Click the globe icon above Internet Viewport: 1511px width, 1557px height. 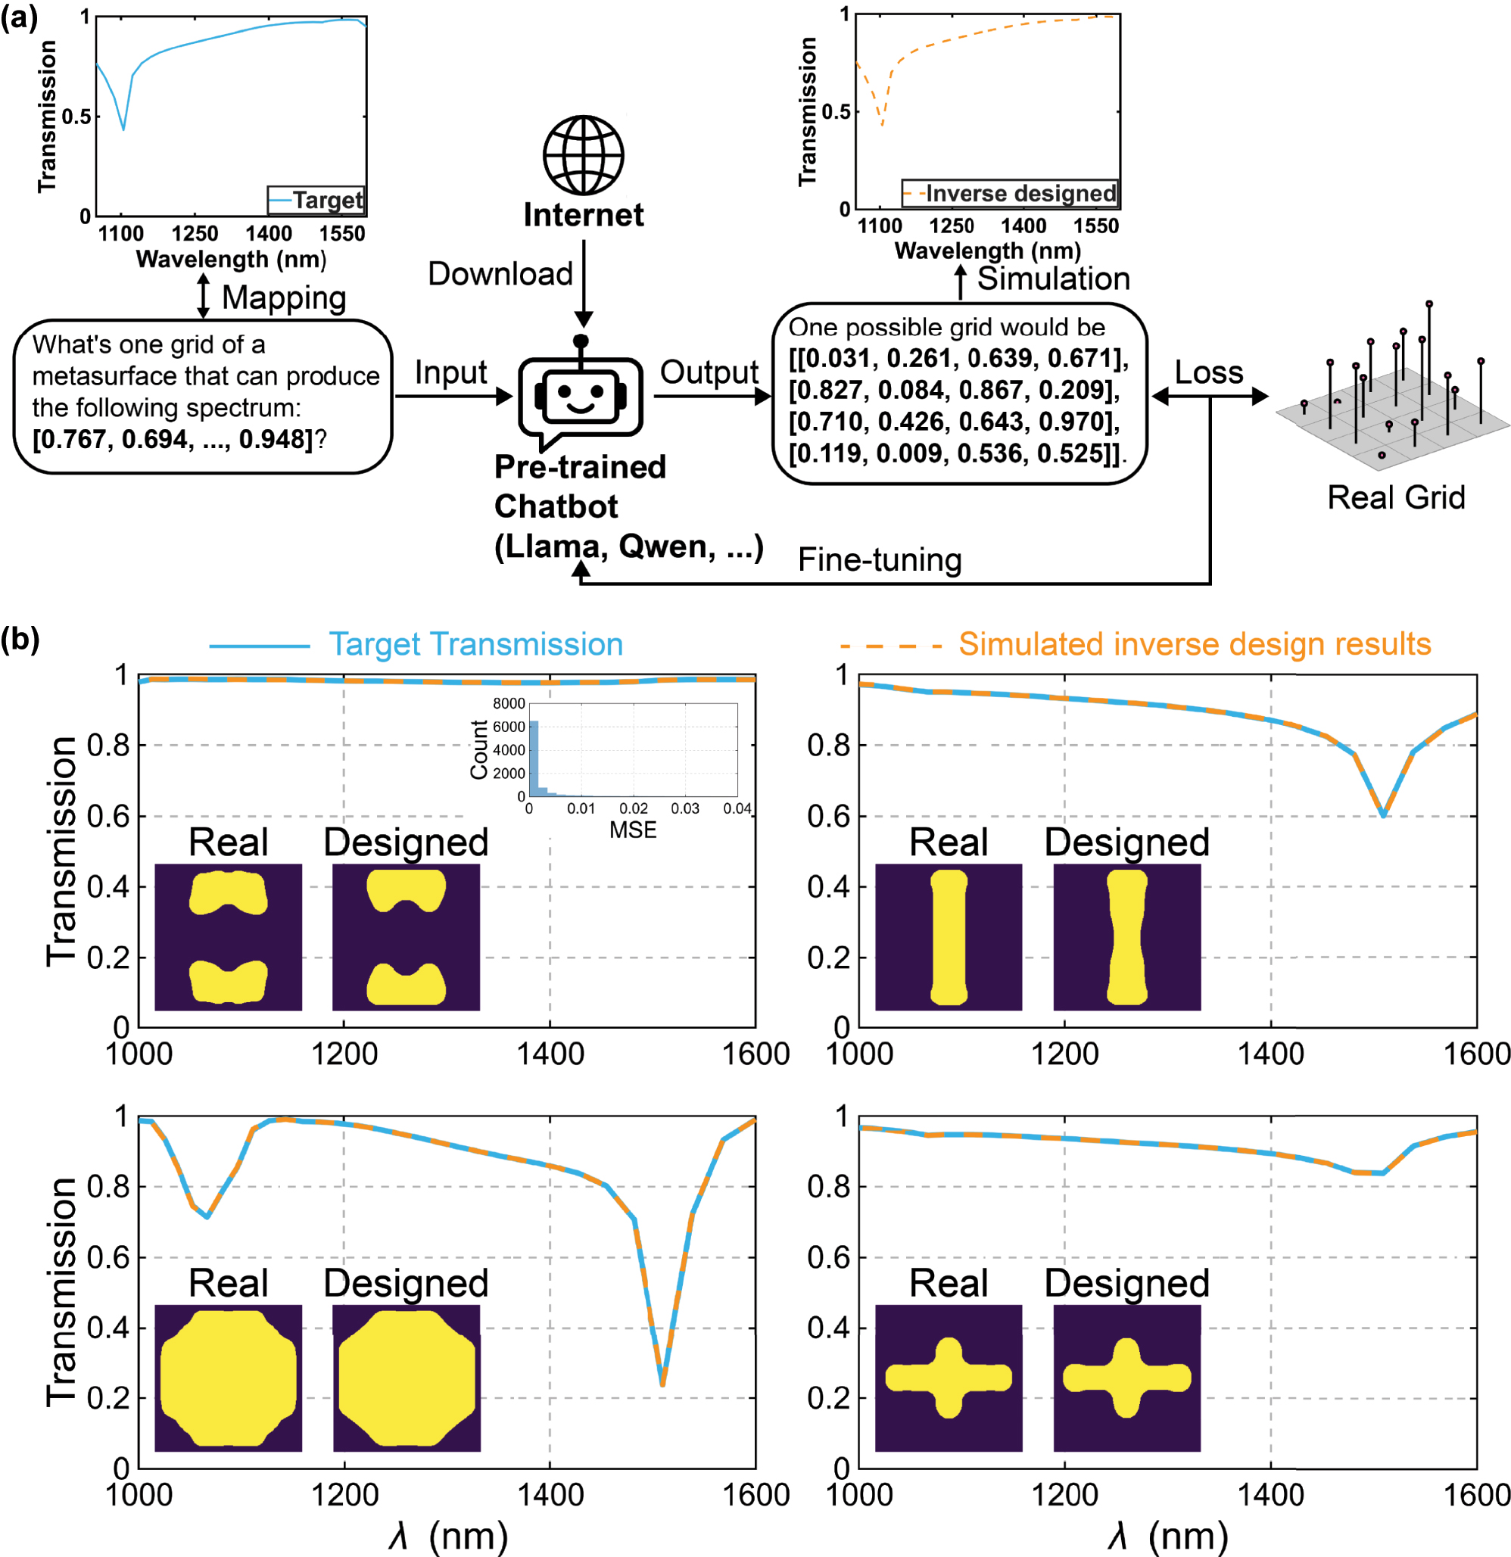pos(583,155)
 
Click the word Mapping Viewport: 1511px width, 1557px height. pos(284,298)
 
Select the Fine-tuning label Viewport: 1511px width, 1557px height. pos(879,560)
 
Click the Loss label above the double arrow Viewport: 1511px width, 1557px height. pos(1208,372)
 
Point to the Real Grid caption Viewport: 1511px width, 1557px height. pos(1396,498)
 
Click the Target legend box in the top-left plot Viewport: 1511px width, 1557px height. pos(316,200)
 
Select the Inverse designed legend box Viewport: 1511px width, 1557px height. pos(1010,193)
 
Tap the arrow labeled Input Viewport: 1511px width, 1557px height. pos(453,396)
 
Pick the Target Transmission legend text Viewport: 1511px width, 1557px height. pos(475,644)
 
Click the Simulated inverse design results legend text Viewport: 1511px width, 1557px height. pos(1194,644)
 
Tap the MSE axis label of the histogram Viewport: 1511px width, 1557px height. pos(632,830)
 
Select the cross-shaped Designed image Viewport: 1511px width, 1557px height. pos(1126,1378)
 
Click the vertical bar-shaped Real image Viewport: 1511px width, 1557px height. pos(948,936)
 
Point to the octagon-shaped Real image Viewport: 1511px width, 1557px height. pos(228,1378)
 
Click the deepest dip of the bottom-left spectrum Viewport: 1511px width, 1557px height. pos(662,1384)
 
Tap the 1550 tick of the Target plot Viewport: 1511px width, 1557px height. pos(341,234)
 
